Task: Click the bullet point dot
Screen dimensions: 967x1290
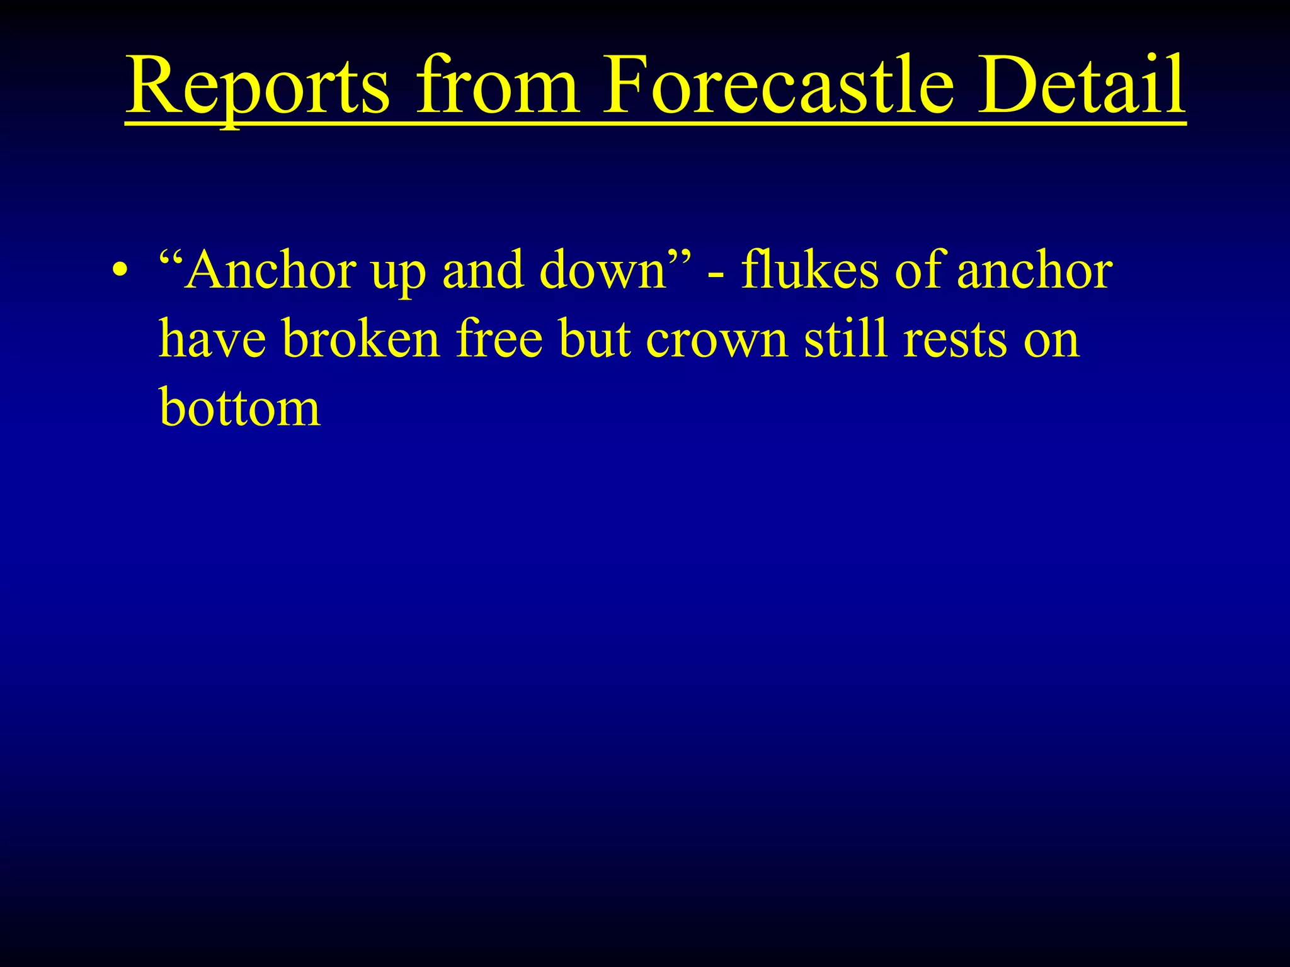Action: (120, 272)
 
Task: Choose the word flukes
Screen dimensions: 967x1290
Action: (809, 271)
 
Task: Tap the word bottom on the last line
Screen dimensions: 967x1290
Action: (240, 407)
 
